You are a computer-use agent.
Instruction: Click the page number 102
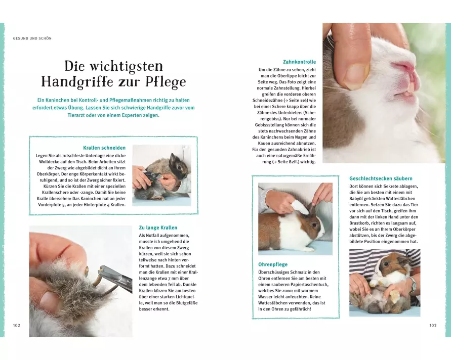click(17, 325)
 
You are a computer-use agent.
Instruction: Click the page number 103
click(433, 325)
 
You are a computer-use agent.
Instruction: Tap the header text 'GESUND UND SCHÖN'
click(32, 38)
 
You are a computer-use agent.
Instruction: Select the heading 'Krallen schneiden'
click(104, 148)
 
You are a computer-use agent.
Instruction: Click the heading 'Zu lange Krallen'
click(158, 228)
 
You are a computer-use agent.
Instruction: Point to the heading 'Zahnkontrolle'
click(300, 62)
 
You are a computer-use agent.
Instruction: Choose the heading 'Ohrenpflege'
click(273, 264)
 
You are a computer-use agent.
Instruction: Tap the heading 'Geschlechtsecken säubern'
click(381, 178)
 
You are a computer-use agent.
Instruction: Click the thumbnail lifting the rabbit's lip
click(356, 74)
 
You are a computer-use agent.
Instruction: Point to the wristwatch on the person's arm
click(413, 284)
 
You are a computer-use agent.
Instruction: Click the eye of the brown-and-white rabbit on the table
click(314, 224)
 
